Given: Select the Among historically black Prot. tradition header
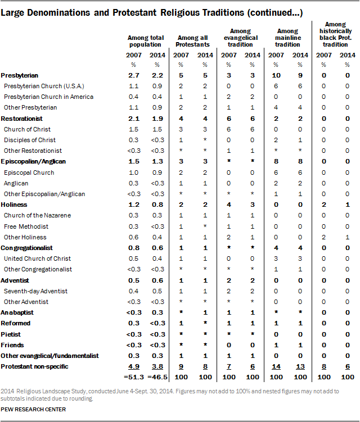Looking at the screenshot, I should pos(336,33).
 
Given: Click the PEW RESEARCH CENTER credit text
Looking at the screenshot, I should pos(33,410).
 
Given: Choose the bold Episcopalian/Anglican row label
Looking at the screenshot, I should pos(33,161).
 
